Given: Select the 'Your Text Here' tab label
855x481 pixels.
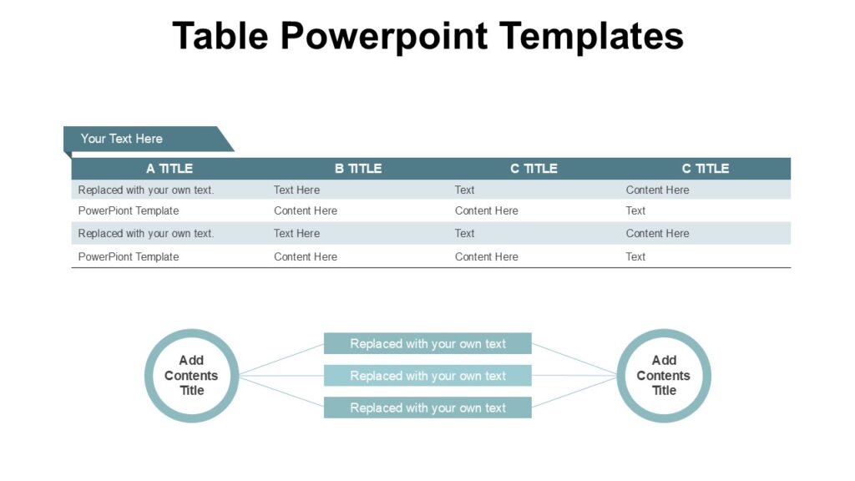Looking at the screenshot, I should (x=122, y=139).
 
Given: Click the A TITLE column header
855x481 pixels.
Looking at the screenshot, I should (x=169, y=169).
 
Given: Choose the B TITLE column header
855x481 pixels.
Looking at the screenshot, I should (x=358, y=169).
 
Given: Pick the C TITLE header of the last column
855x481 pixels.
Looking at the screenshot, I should (x=706, y=169).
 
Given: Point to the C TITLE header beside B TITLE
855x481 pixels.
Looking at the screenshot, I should (x=534, y=169).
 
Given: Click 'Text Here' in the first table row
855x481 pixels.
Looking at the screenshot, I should (x=296, y=190).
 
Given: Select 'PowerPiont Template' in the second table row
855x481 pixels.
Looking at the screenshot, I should (x=129, y=210).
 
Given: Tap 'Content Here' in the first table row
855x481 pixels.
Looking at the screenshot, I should (x=657, y=190).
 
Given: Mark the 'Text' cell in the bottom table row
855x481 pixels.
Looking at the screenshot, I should (x=635, y=256).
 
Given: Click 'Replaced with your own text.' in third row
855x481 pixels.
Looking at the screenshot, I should (x=146, y=233).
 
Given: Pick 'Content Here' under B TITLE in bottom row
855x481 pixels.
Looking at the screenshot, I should (x=306, y=256).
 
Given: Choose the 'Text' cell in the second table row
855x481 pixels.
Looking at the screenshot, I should (x=635, y=210).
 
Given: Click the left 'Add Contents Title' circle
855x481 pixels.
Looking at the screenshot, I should (x=192, y=376).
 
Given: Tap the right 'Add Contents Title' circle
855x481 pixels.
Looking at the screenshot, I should (x=664, y=376).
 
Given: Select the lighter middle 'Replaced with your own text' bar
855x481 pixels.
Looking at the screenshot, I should (x=427, y=376).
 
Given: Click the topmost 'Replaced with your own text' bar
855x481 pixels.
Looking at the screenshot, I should (x=427, y=343).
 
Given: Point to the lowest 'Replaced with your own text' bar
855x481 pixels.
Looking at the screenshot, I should (x=427, y=408).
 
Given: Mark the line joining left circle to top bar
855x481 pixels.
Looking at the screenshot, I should (x=281, y=359).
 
